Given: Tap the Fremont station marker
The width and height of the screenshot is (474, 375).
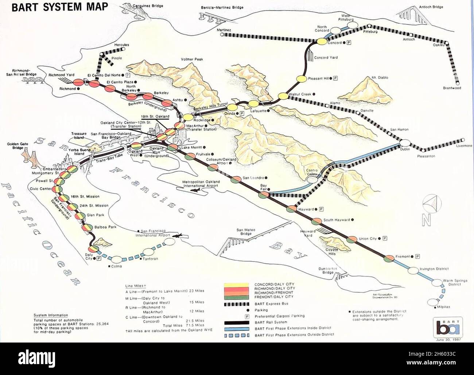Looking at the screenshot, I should (x=389, y=258).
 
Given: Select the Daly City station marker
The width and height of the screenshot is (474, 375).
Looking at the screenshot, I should (x=94, y=249).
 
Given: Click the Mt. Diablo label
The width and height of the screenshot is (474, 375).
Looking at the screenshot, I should (x=380, y=78).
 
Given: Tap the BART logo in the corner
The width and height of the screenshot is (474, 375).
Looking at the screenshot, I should (x=446, y=326).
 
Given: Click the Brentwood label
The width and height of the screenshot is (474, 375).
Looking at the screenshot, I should (x=452, y=88).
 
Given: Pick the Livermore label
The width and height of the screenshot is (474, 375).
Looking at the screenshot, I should (x=463, y=146).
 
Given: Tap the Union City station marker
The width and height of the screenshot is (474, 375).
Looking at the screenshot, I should (x=352, y=239).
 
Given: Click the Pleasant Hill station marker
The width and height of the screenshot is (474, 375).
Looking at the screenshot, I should (x=301, y=78).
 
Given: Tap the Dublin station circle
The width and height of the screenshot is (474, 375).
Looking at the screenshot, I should (x=405, y=143).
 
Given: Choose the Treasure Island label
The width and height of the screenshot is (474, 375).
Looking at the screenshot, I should (x=79, y=136).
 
